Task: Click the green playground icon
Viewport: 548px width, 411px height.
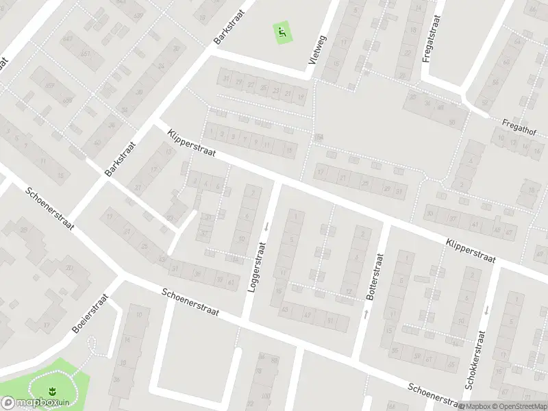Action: (x=282, y=31)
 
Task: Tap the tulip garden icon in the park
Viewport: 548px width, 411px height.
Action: (x=51, y=392)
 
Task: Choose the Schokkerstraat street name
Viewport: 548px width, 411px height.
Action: (x=475, y=360)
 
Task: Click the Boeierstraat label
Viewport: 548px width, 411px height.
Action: (x=90, y=314)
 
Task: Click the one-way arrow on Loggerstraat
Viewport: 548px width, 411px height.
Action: (x=266, y=226)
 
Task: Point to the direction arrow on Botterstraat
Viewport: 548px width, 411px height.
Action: (x=366, y=313)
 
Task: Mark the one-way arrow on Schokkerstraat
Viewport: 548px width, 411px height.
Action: (x=486, y=310)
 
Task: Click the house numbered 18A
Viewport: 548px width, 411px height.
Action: (x=318, y=138)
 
